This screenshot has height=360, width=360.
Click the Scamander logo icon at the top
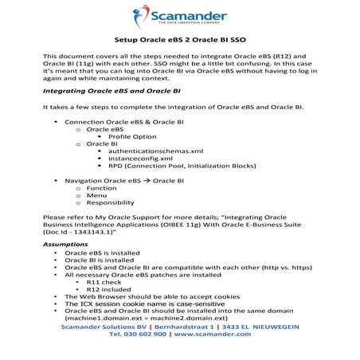point(144,15)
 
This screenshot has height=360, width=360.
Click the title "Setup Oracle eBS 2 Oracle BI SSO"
point(179,39)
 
